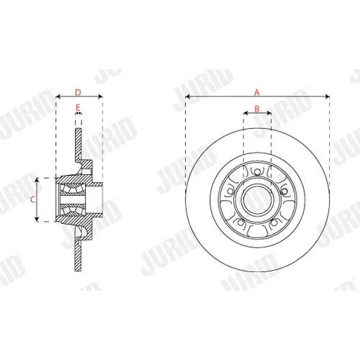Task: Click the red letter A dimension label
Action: click(x=257, y=92)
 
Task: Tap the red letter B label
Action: click(x=257, y=109)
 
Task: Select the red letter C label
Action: click(x=33, y=199)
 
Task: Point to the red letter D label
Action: click(x=78, y=92)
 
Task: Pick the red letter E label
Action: click(x=78, y=108)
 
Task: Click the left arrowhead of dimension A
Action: click(x=188, y=96)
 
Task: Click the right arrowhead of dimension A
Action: click(x=327, y=96)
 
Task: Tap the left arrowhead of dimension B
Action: click(x=246, y=113)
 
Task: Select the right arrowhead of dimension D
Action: click(x=100, y=96)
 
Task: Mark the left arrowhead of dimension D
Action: click(x=58, y=96)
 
